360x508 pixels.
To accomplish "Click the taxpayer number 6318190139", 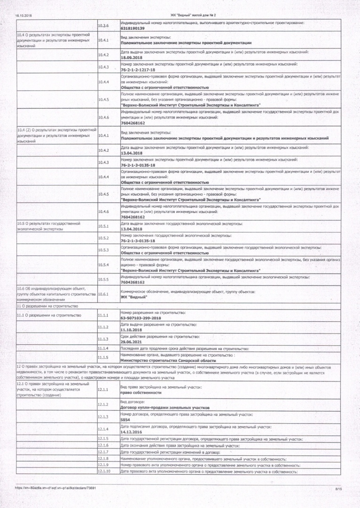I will click(133, 28).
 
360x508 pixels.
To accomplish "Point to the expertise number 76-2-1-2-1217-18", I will click(138, 69).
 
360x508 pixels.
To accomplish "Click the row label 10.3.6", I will click(103, 25).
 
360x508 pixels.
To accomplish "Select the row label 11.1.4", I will click(103, 349).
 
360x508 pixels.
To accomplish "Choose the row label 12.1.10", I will click(104, 471).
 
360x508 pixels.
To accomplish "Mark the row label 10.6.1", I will click(103, 294).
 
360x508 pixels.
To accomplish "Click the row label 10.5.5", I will click(103, 279).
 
